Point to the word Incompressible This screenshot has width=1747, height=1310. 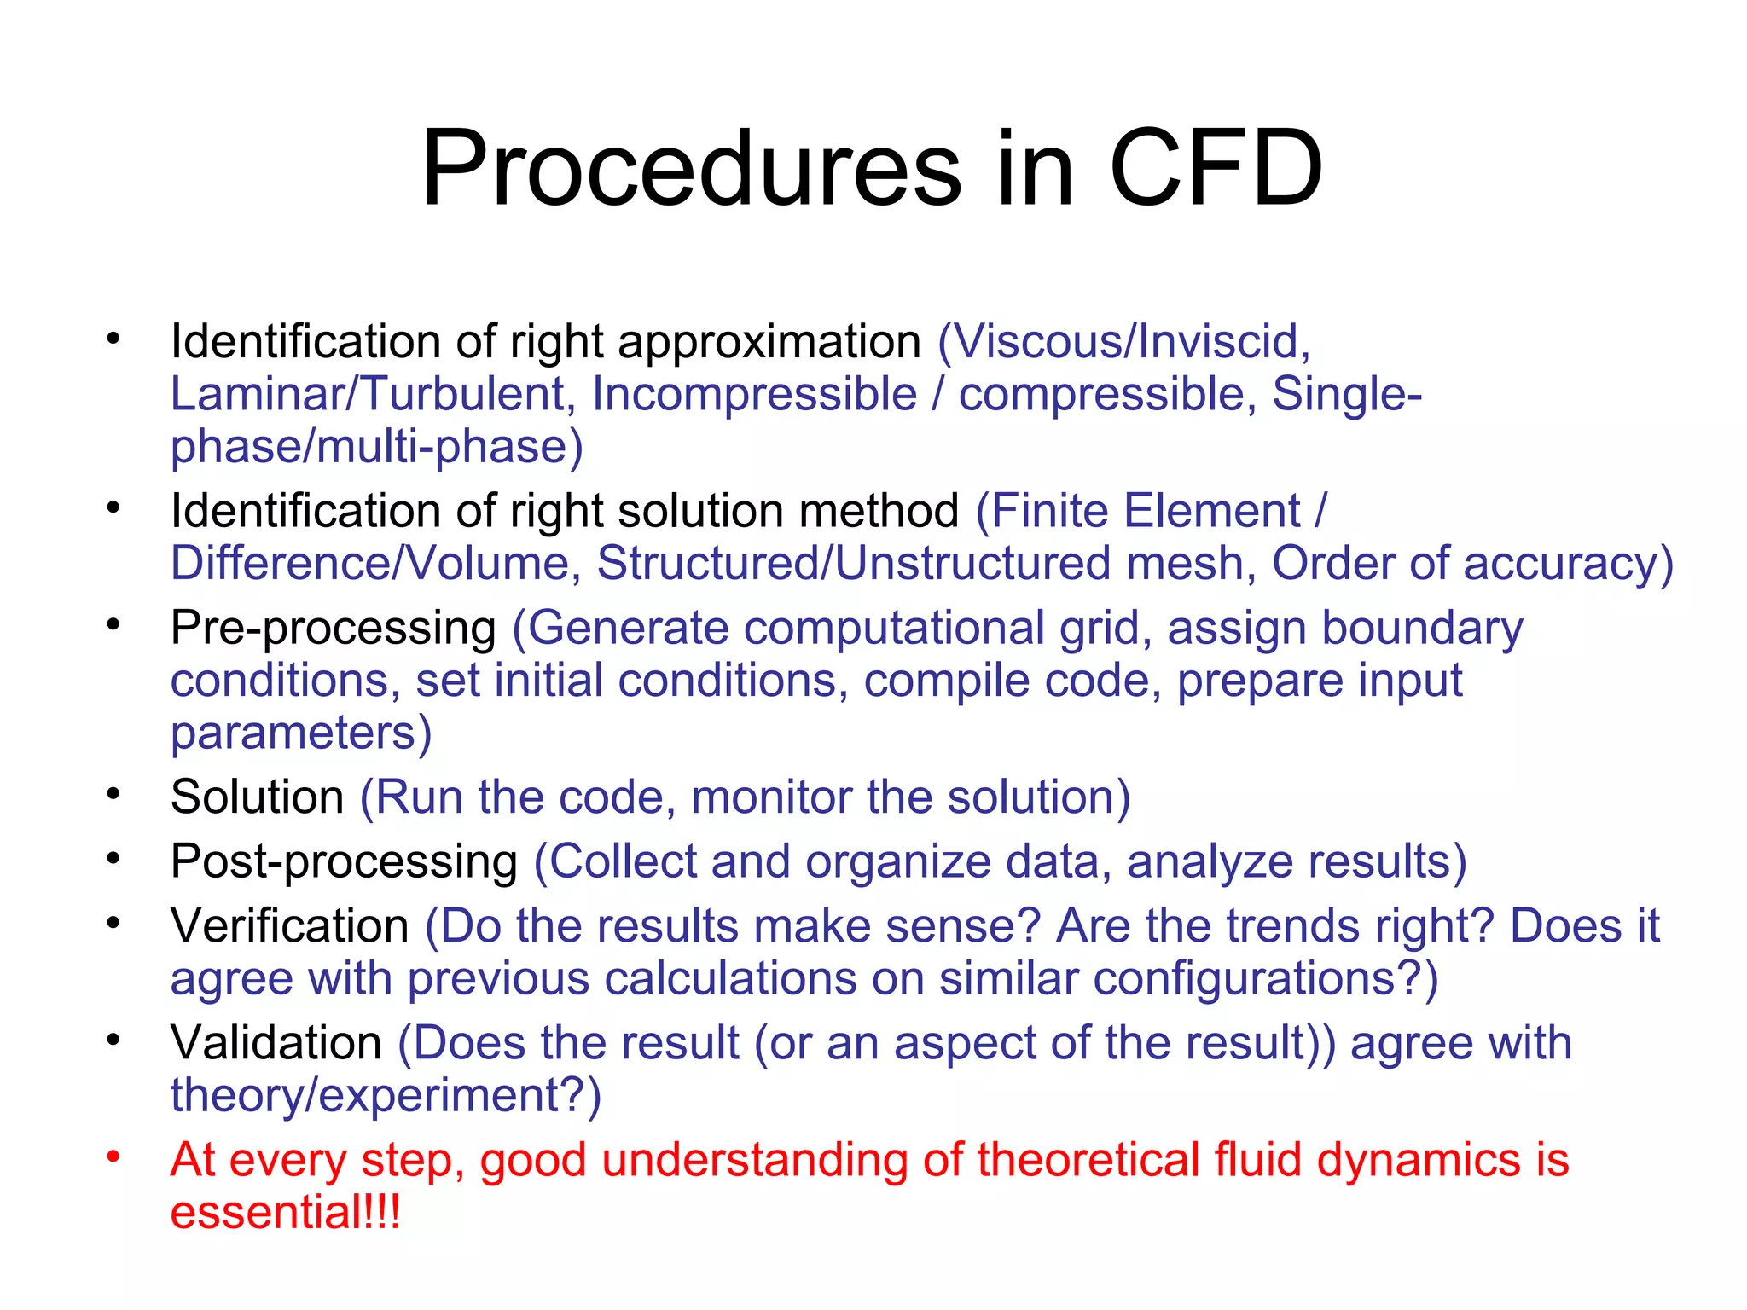tap(754, 395)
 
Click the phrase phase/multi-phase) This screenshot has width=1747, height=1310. tap(376, 448)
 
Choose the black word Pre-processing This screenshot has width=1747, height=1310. tap(333, 629)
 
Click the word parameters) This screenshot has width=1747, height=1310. tap(301, 733)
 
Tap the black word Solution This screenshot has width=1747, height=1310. tap(257, 797)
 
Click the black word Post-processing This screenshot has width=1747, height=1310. tap(344, 862)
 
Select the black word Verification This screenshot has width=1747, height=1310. tap(290, 926)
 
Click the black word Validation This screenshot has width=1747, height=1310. tap(276, 1043)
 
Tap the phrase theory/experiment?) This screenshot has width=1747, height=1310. tap(386, 1096)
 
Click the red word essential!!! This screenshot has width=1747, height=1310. tap(285, 1213)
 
